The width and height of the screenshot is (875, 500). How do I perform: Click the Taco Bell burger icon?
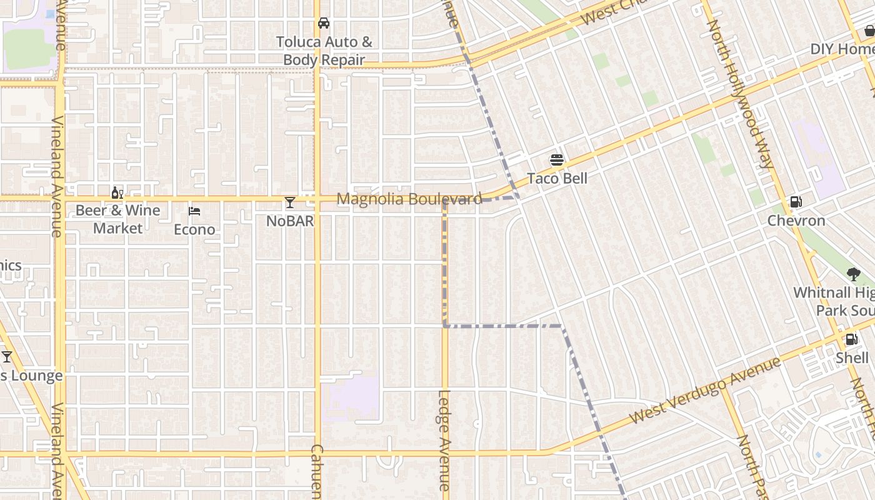click(557, 160)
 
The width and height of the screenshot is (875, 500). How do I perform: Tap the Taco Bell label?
click(557, 178)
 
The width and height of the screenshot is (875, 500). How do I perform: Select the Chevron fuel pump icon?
click(796, 202)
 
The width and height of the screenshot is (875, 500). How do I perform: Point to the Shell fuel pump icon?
click(851, 339)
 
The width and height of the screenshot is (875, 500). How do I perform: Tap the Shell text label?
click(852, 357)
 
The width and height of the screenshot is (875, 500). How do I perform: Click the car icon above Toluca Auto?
click(324, 23)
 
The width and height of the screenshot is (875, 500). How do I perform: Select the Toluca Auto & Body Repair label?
click(324, 51)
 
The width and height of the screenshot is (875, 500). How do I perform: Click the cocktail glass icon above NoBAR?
click(290, 202)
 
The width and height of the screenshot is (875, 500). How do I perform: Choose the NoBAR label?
click(290, 221)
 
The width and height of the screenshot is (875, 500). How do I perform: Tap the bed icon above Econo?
click(194, 211)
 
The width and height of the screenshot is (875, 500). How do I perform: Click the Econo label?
click(194, 229)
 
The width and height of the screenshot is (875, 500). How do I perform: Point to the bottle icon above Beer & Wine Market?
click(117, 192)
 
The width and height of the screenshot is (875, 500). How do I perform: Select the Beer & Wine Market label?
click(118, 219)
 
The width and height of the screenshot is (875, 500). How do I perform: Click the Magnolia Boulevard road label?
click(409, 199)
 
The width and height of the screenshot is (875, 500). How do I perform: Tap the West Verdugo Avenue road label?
click(705, 389)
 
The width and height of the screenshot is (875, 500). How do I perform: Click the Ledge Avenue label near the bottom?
click(444, 440)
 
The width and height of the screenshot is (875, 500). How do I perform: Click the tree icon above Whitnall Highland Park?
click(853, 274)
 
